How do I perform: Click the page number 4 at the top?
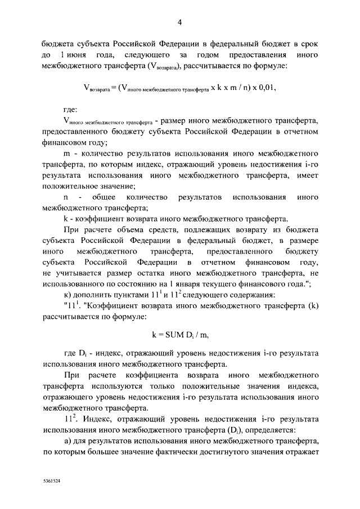[x=179, y=23]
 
